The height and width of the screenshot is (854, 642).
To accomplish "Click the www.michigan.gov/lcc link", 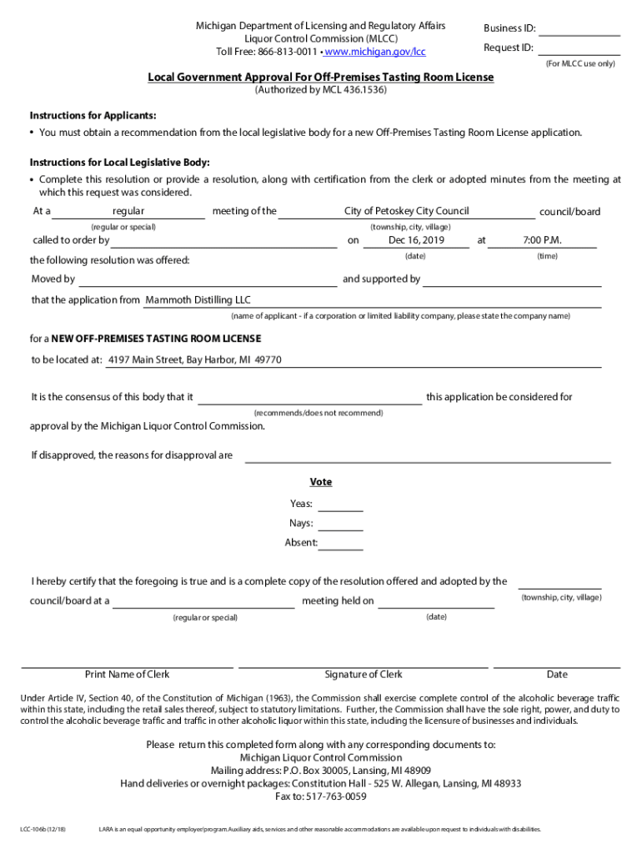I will coord(375,52).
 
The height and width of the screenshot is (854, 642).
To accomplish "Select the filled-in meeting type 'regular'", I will coord(128,212).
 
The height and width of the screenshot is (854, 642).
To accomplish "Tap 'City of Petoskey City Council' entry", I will coord(407,211).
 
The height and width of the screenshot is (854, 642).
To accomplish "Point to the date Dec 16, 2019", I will coord(417,241).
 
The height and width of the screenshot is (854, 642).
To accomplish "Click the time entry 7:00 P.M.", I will coord(542,241).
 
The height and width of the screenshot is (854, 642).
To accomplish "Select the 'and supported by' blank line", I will coord(513,280).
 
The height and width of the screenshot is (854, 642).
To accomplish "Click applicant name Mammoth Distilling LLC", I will coord(198,300).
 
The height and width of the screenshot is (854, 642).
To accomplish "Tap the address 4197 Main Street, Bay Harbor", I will coord(195,360).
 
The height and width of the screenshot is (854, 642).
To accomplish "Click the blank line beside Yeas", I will coord(340,505).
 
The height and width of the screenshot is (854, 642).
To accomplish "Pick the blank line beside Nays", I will coord(340,525).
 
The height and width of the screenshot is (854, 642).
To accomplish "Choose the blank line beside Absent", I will coord(340,544).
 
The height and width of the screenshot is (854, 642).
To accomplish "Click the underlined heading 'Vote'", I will coord(321,482).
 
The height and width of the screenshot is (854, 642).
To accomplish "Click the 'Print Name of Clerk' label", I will coord(127,675).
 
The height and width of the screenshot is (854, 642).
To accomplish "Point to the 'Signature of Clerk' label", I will coord(364,675).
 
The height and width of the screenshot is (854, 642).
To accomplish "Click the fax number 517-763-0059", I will coord(333,796).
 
